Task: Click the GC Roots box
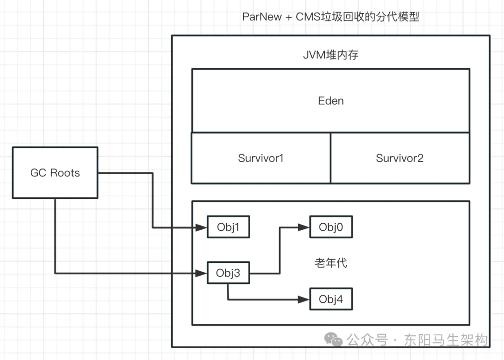point(55,173)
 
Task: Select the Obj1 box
point(228,227)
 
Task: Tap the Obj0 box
point(330,227)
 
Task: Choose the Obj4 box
point(330,299)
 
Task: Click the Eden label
point(331,101)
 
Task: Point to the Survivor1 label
point(261,158)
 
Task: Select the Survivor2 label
point(399,158)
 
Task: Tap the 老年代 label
point(331,263)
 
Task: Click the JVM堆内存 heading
point(331,55)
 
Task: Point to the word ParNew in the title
point(262,17)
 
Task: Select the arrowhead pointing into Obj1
point(202,228)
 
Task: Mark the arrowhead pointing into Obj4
point(304,299)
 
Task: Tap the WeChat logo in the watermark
point(334,340)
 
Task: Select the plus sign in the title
point(288,17)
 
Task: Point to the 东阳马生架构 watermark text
point(446,340)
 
